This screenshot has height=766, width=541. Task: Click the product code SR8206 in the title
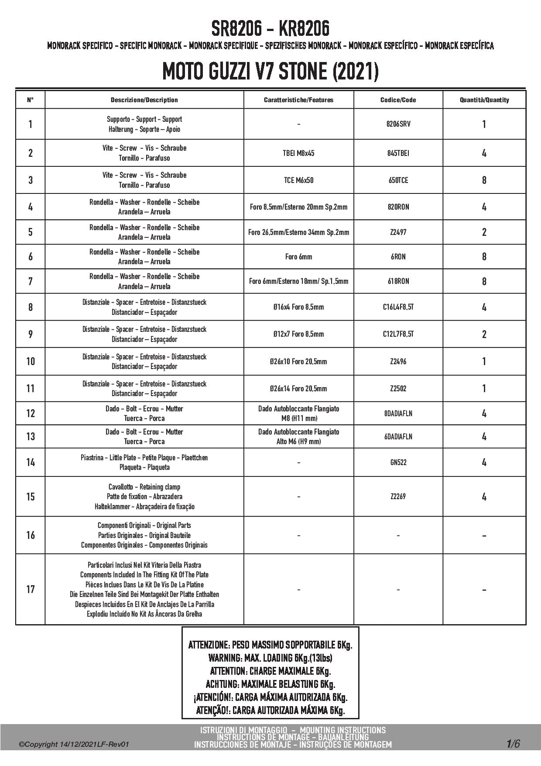point(236,29)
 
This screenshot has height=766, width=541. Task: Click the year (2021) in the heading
point(355,72)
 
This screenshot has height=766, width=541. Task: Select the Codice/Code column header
point(398,100)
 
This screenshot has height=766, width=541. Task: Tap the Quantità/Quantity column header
point(484,100)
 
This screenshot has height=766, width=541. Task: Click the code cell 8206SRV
point(398,124)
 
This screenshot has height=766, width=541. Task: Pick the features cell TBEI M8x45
point(298,153)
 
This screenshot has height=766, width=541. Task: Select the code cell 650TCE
point(398,180)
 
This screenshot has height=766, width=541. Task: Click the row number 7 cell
point(30,281)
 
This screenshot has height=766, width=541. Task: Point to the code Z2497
point(398,232)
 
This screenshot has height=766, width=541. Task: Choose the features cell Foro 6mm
point(298,257)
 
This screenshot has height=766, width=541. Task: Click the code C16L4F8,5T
point(398,307)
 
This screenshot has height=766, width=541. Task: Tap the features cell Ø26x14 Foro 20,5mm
point(298,389)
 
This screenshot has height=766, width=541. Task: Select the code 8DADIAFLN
point(398,414)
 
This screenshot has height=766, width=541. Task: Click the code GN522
point(398,462)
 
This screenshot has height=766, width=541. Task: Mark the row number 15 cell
point(30,497)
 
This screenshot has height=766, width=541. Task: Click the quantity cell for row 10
point(484,362)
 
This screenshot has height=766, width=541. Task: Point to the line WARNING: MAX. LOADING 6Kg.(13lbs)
point(270,658)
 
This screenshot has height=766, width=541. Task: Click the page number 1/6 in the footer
point(513,744)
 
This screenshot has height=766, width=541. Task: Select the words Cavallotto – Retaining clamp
point(144,487)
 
